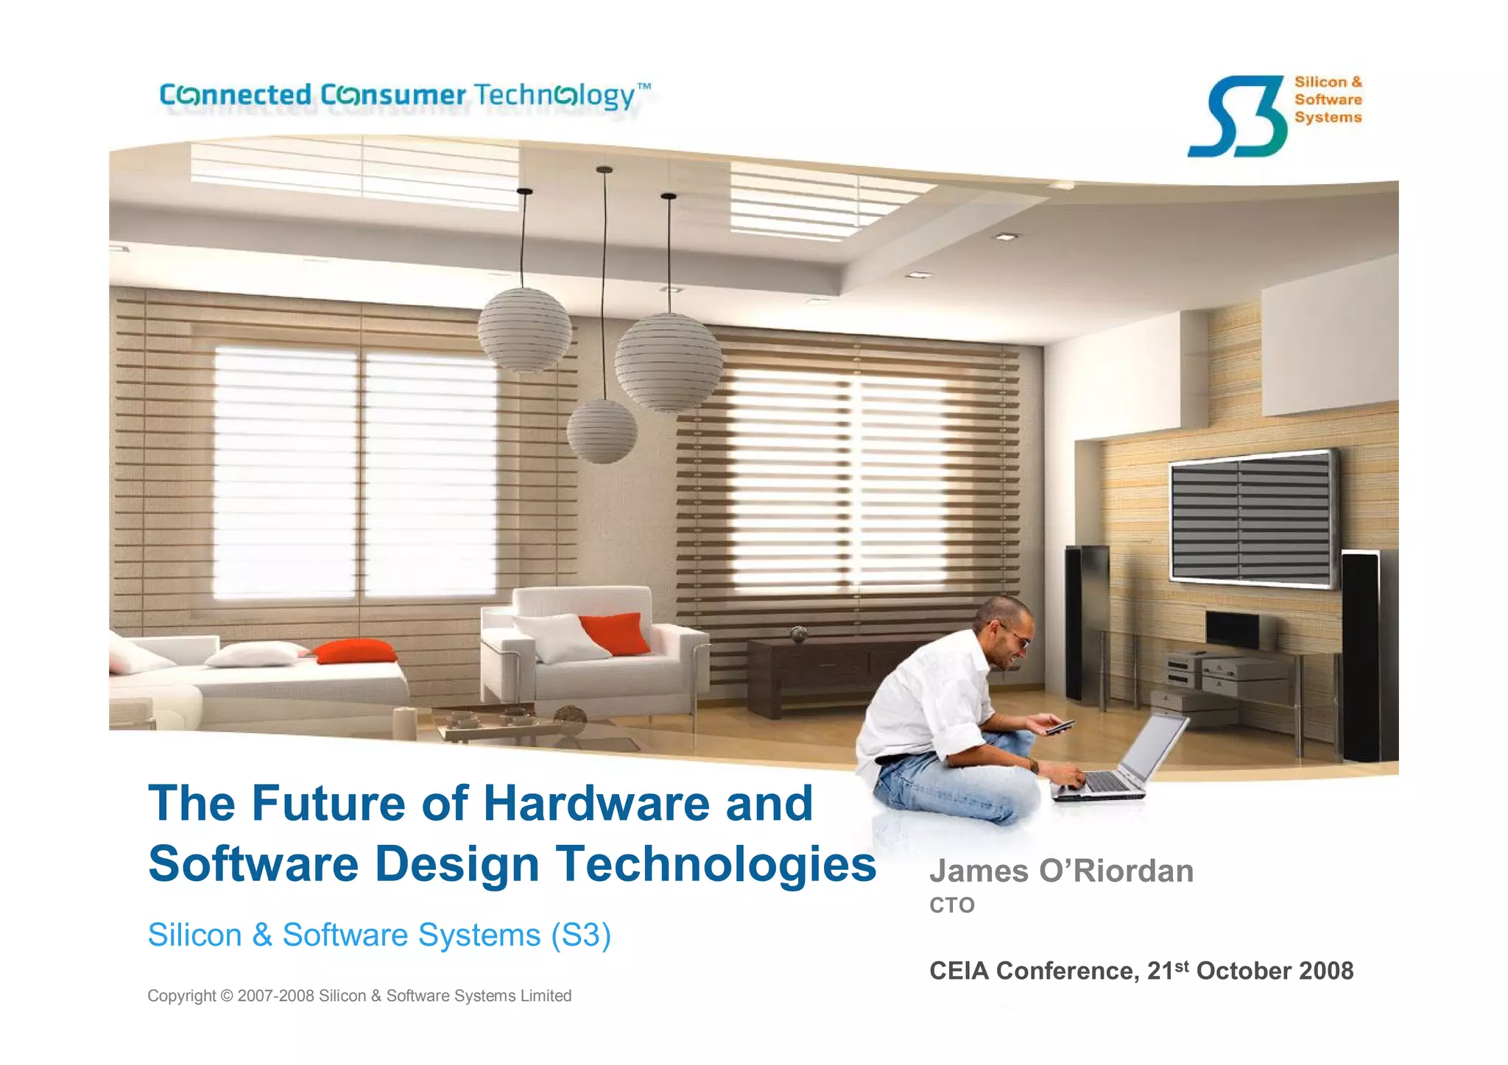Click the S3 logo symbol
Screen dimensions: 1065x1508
(1236, 116)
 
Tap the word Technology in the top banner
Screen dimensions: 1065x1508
(554, 96)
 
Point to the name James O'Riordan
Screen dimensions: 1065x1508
(1061, 871)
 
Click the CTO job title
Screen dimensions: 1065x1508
(951, 905)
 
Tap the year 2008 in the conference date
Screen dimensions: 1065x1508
(1326, 971)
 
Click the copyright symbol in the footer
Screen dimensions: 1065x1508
(227, 996)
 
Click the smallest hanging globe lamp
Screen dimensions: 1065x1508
(602, 432)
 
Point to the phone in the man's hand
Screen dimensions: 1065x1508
(1060, 726)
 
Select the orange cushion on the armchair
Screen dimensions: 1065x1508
(615, 633)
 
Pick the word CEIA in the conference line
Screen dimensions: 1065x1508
(958, 971)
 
